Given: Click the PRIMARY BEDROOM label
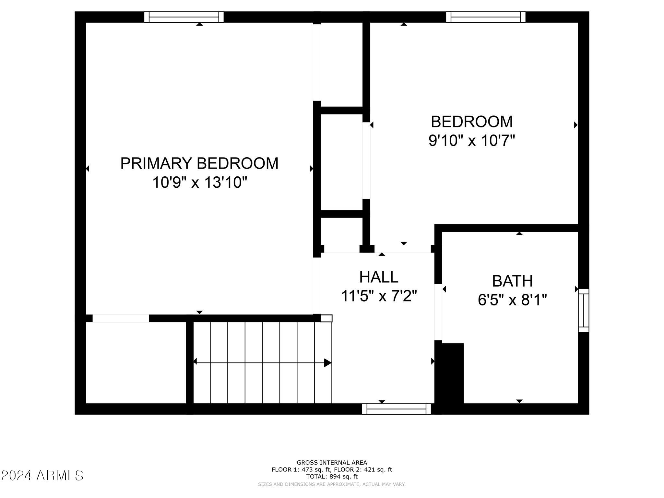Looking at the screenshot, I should pos(199,163).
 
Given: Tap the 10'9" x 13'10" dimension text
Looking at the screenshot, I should pos(200,182).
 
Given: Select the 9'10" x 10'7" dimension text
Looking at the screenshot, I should pos(472,141).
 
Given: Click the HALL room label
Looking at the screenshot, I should pos(379,277).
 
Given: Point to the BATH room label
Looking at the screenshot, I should pos(512,281).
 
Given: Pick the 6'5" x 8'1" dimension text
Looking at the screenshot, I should pos(512,300).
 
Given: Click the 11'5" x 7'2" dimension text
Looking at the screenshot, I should pos(379,296).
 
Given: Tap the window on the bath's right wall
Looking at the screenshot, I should pos(584,310).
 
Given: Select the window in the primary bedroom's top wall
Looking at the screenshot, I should pos(184,17).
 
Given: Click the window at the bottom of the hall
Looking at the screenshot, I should pos(396,409).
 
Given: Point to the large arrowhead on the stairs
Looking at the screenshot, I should pos(327,363).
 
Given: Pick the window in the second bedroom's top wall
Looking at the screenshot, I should pos(485,17).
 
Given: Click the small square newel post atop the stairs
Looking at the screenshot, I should pos(326,318).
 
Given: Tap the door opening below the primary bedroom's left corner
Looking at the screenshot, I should pos(121,318).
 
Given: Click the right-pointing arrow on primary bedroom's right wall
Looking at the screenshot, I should pos(312,169).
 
